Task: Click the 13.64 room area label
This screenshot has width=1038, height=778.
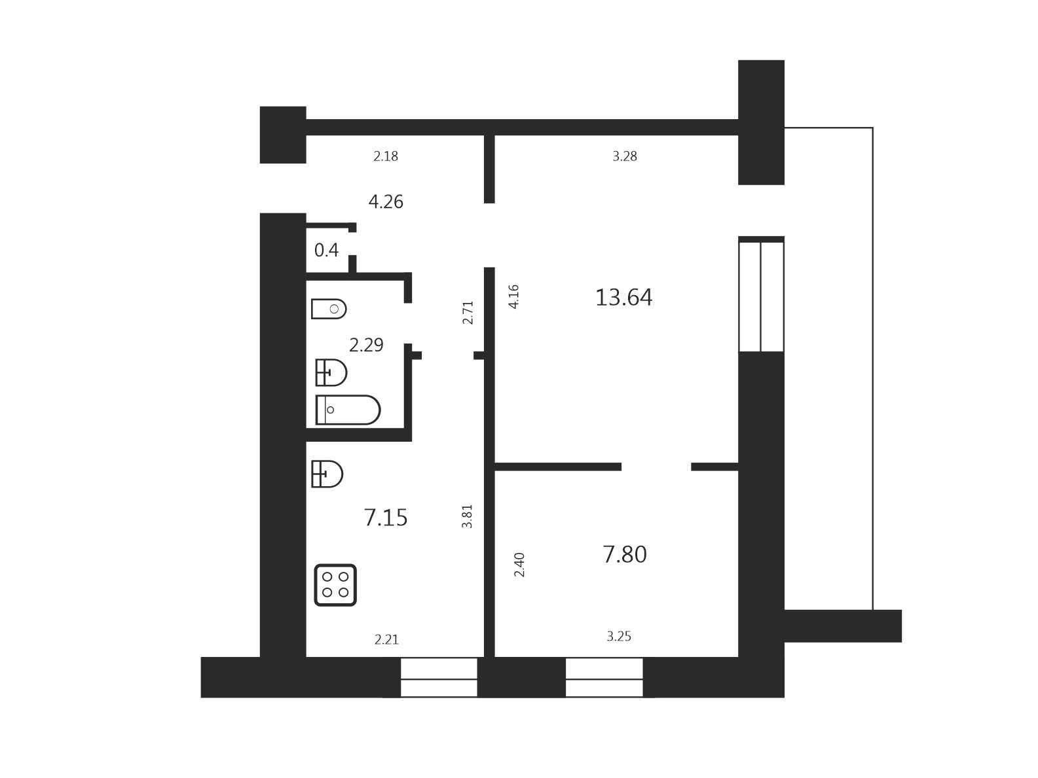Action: [623, 298]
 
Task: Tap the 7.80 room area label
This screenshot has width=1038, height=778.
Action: [624, 555]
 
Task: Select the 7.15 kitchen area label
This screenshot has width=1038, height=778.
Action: [386, 518]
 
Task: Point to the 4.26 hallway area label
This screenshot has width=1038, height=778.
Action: [386, 202]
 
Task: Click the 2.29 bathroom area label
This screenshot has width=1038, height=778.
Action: [366, 345]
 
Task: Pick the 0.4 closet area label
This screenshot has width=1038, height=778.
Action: [326, 251]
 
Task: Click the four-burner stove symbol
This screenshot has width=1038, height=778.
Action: [335, 585]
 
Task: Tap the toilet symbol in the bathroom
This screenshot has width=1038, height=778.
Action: [329, 309]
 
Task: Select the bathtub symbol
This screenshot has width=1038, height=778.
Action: [348, 410]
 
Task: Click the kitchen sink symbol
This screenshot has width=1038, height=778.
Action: [327, 474]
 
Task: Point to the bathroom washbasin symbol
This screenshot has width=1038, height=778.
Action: [331, 372]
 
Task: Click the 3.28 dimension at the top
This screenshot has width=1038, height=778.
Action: [625, 156]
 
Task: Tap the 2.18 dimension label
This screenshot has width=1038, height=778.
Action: [386, 156]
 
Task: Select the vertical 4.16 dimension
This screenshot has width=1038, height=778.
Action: [513, 296]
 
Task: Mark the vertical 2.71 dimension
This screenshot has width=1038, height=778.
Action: [468, 313]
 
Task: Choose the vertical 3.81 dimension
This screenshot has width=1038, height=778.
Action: [467, 516]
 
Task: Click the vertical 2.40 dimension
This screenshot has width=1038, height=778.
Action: [519, 565]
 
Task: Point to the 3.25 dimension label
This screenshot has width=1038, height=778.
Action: [619, 637]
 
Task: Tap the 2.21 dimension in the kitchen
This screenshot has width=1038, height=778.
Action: [386, 639]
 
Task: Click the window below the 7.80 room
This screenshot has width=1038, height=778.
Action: [604, 677]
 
